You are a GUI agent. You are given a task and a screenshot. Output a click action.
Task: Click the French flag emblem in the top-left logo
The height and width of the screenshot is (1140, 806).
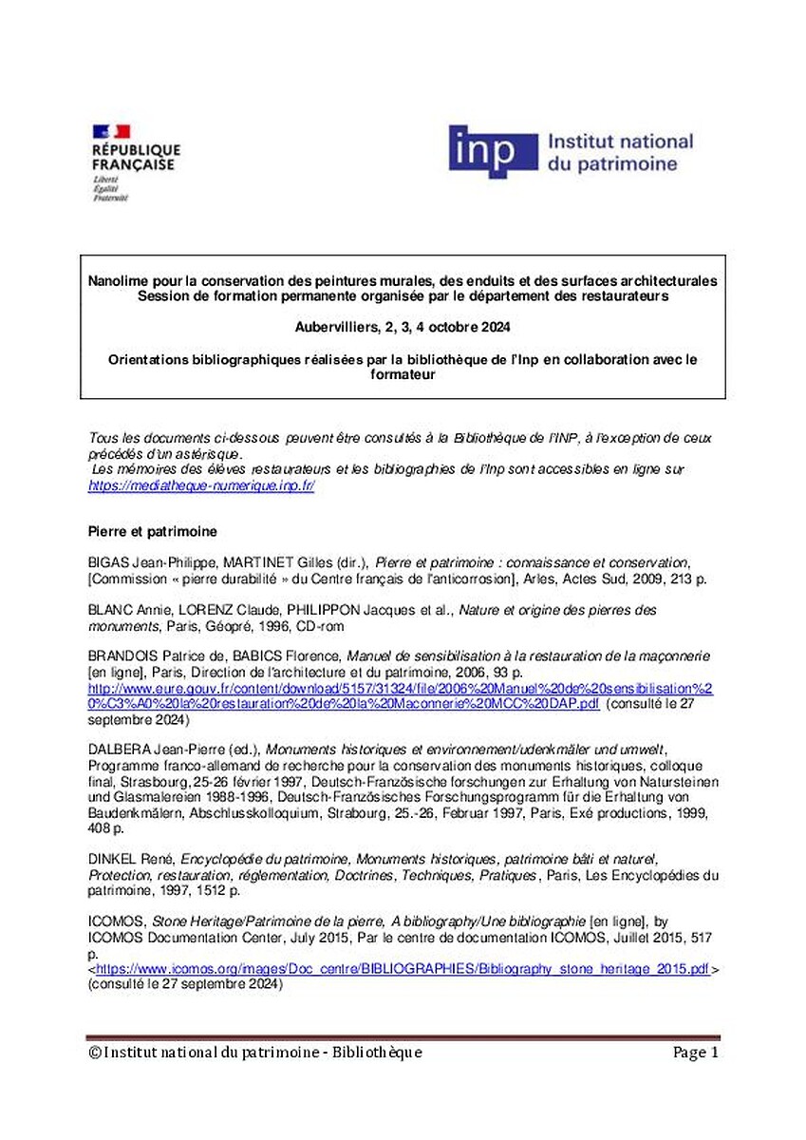click(x=110, y=131)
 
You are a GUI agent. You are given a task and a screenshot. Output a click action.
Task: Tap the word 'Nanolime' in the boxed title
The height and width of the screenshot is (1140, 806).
click(x=116, y=281)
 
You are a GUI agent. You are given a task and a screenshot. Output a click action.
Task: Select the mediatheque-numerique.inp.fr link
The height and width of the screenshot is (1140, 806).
click(x=201, y=484)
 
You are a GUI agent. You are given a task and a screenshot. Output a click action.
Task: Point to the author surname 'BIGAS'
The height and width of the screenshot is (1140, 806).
click(x=107, y=562)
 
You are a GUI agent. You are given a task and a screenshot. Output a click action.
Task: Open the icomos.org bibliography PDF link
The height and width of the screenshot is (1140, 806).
click(x=403, y=970)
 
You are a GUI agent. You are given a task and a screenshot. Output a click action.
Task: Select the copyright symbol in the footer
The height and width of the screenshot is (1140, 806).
click(x=94, y=1053)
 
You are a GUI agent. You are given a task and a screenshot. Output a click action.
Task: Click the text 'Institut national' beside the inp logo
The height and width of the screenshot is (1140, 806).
click(x=620, y=142)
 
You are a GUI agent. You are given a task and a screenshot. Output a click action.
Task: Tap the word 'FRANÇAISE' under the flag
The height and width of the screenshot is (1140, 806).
click(x=133, y=164)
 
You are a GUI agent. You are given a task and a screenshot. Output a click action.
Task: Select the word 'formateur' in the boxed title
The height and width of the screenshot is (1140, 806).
click(x=403, y=374)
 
